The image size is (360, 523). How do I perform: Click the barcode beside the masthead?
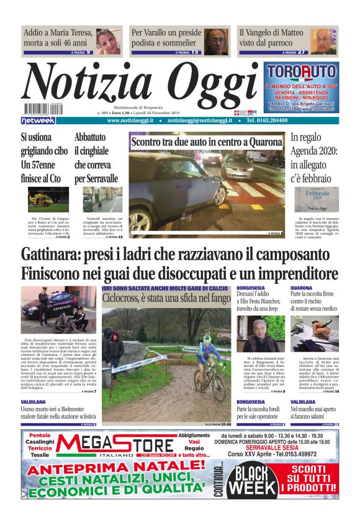coord(38,109)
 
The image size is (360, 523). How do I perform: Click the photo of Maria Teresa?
coord(109,41)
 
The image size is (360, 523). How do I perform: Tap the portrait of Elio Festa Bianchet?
coord(253,334)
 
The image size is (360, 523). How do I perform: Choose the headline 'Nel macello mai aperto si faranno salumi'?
coord(314,413)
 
